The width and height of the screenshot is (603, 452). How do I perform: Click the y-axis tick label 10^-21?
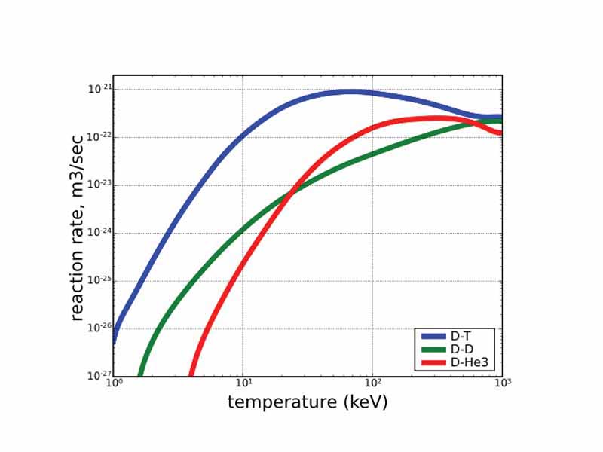[x=99, y=89]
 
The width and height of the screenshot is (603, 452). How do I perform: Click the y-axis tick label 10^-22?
[x=99, y=136]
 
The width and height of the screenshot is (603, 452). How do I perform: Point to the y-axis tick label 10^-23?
[x=99, y=185]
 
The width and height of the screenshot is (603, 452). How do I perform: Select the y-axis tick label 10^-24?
[x=99, y=232]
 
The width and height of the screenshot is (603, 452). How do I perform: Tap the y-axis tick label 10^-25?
[x=99, y=280]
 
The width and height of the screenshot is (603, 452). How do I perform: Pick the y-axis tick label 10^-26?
[x=99, y=328]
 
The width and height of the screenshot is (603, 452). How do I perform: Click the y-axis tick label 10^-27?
[x=99, y=375]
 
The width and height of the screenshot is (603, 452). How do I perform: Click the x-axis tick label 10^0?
[x=114, y=383]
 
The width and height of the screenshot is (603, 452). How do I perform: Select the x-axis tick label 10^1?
[x=243, y=383]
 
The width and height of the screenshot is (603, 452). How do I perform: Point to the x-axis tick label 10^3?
[x=502, y=383]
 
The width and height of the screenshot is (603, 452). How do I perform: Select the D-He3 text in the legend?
[x=467, y=362]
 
